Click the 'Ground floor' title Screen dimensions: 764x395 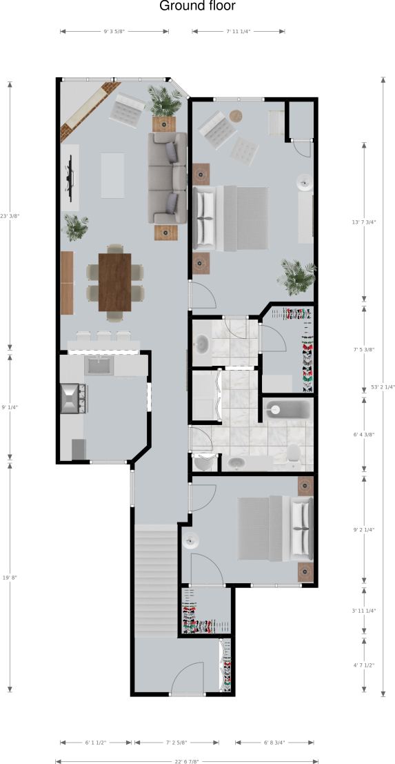click(x=197, y=7)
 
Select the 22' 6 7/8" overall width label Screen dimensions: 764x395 click(x=187, y=761)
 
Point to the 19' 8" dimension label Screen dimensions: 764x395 click(x=10, y=578)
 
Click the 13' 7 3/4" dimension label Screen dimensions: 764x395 click(x=363, y=222)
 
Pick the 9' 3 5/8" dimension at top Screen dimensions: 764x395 click(x=114, y=31)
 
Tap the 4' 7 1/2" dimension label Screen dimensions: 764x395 click(x=363, y=665)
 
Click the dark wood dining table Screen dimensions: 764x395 click(x=114, y=282)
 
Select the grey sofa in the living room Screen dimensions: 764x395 click(x=167, y=177)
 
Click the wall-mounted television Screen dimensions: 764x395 click(x=69, y=177)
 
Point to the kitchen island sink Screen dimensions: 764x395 click(x=99, y=366)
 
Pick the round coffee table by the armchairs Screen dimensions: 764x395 click(x=236, y=116)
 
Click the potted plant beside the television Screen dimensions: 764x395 click(x=74, y=225)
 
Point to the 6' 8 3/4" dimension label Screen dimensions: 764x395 click(x=274, y=743)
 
